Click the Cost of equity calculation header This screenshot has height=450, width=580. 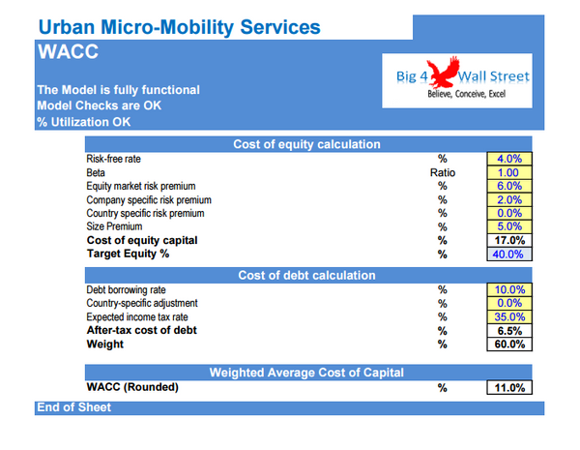pos(306,144)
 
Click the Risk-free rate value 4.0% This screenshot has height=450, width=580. pos(507,159)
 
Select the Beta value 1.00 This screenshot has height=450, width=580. pos(507,172)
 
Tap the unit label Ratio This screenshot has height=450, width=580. pos(442,172)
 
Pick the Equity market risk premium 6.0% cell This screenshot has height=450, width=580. pos(507,186)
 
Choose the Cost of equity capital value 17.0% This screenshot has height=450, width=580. pos(507,240)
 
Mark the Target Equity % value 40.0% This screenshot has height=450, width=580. pos(507,254)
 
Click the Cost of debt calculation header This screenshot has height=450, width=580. pos(306,276)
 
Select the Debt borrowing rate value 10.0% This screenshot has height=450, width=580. pos(507,289)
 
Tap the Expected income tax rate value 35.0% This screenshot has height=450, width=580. pos(507,316)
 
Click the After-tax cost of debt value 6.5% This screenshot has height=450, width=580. pos(507,330)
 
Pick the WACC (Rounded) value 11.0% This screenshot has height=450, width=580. pos(507,387)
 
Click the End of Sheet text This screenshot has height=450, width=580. pos(73,407)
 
